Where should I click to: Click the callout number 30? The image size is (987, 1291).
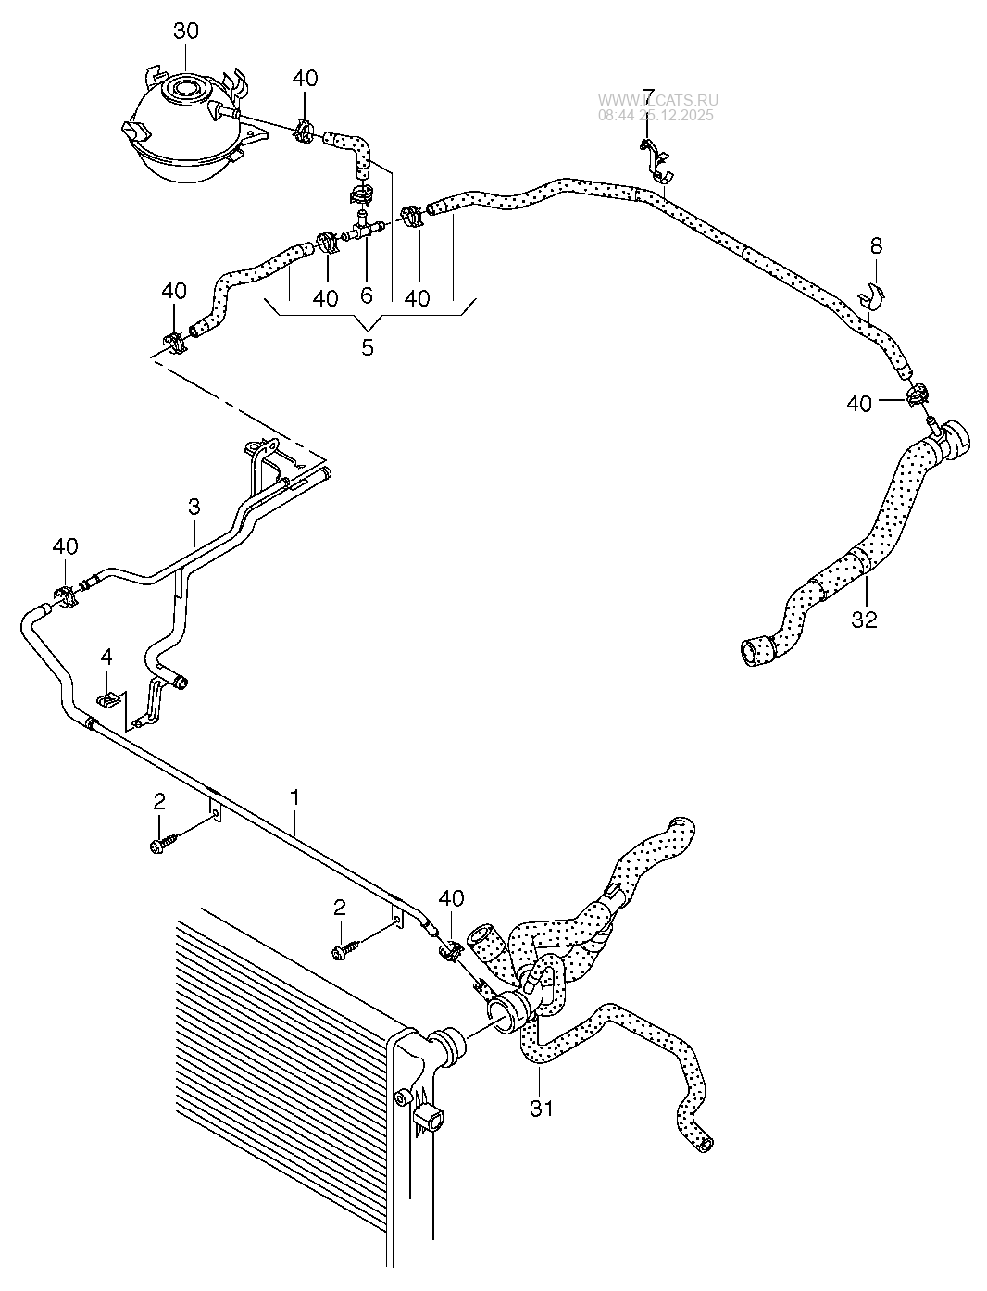point(185,31)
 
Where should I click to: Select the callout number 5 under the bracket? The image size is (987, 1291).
point(368,348)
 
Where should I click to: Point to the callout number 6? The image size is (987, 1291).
point(367,295)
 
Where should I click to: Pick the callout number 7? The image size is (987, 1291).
point(649,95)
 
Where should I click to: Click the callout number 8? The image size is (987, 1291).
point(876,246)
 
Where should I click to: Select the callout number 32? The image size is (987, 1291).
point(863,620)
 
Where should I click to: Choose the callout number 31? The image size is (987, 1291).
point(541,1106)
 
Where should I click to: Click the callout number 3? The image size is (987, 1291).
point(194,507)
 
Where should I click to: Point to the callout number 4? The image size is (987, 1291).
point(106,657)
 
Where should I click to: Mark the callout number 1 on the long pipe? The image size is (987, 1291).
point(294,796)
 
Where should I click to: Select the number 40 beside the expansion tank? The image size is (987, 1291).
point(306,78)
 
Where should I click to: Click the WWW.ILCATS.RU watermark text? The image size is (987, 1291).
point(657,102)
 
